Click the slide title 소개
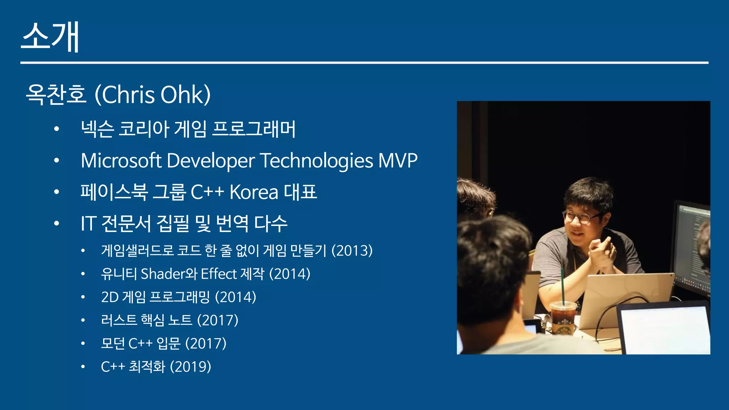[50, 37]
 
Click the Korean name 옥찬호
[56, 95]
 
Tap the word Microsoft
[121, 161]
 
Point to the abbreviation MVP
[398, 161]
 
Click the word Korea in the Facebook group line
[254, 192]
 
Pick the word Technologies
[317, 161]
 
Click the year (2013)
[352, 251]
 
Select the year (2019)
[190, 367]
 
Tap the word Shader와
[169, 274]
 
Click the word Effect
[219, 274]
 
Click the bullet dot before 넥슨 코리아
[56, 129]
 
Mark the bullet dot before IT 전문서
[56, 224]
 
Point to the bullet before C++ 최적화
[83, 367]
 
